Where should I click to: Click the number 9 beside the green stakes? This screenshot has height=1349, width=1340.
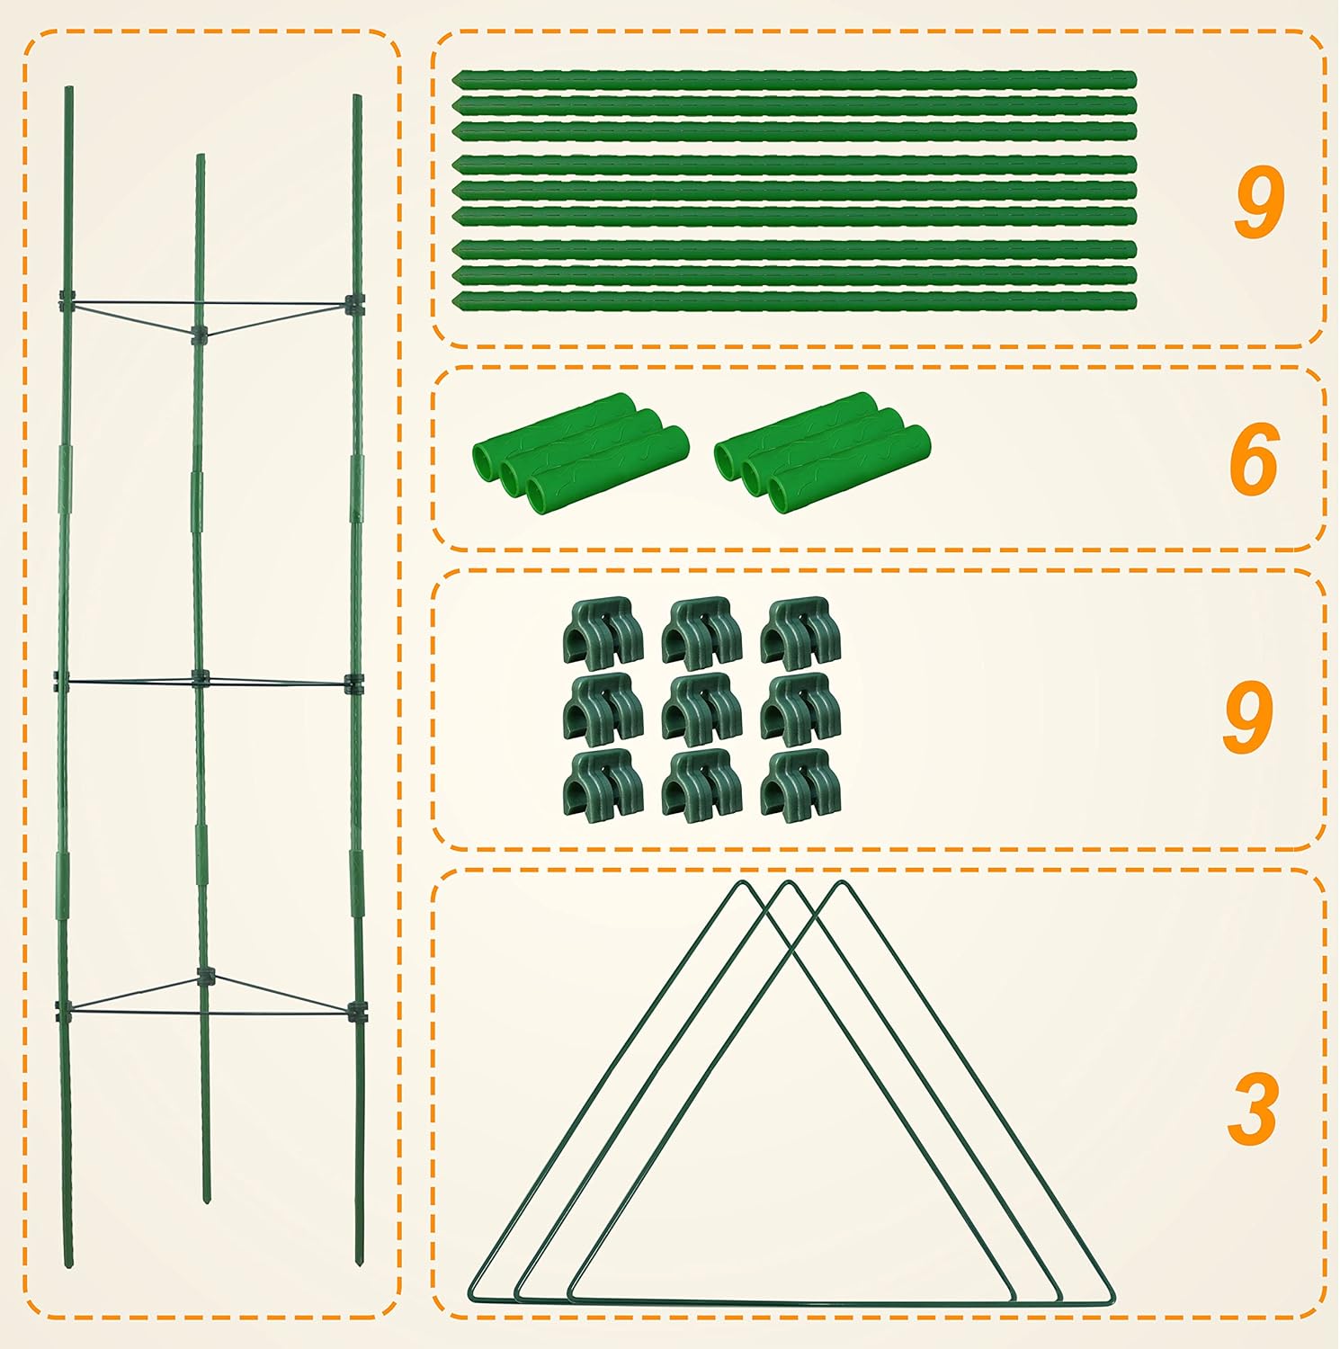click(1258, 204)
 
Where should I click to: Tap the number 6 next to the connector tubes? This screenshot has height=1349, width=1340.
click(1254, 460)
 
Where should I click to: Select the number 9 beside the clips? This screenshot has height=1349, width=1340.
click(1247, 716)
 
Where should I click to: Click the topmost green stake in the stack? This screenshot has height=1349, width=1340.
click(794, 80)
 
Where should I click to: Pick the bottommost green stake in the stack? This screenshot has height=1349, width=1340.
click(794, 301)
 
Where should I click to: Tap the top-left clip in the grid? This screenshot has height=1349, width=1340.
click(603, 634)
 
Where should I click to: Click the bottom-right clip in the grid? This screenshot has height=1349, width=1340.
click(800, 786)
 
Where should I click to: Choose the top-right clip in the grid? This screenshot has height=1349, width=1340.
click(800, 634)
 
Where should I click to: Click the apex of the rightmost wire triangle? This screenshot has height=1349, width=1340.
click(843, 883)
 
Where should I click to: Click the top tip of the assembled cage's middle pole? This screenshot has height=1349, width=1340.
click(201, 156)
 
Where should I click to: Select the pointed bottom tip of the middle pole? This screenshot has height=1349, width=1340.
click(207, 1202)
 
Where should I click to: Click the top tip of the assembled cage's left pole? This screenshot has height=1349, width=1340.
click(68, 88)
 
